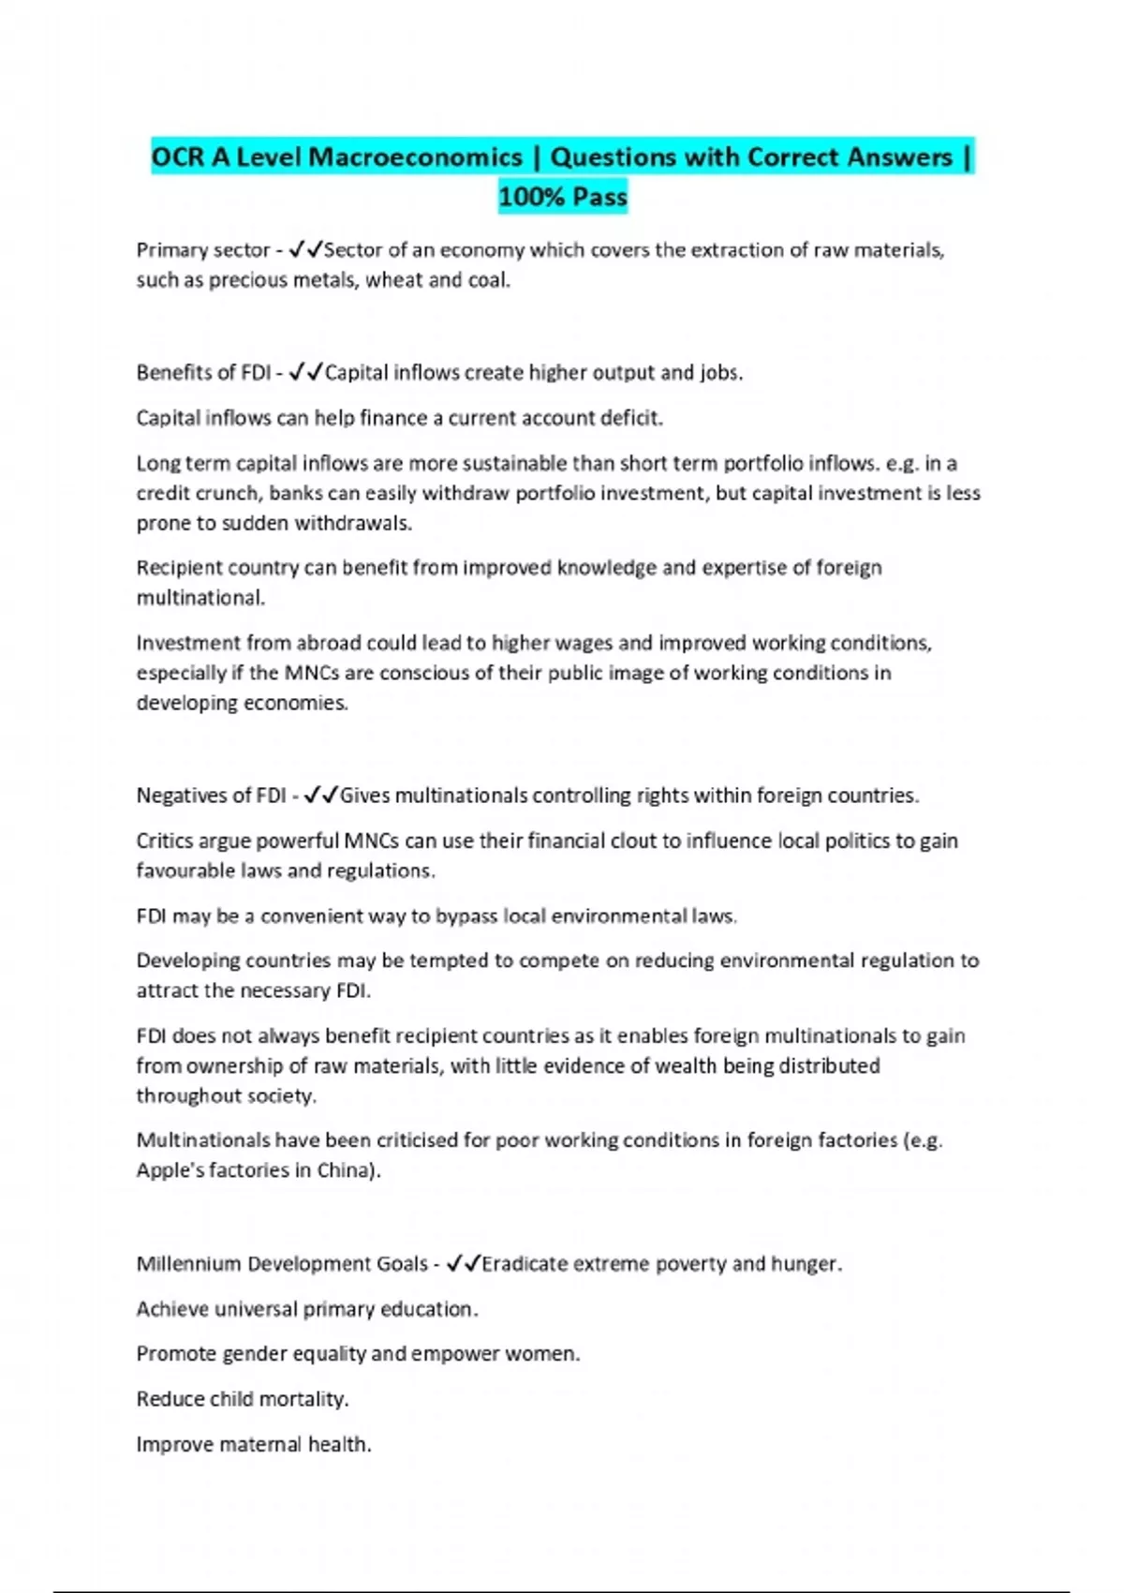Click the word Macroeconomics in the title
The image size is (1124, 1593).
(415, 157)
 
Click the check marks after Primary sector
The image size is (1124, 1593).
(305, 250)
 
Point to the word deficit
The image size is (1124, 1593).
(631, 418)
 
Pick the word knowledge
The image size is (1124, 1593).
(606, 568)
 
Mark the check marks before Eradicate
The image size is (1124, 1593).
(464, 1264)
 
